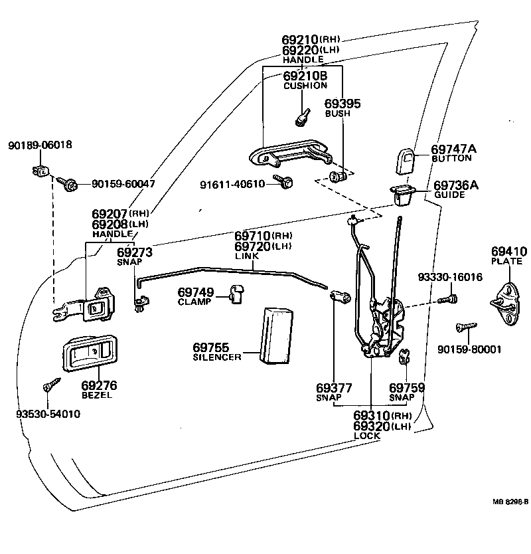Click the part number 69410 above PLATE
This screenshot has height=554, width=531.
[508, 252]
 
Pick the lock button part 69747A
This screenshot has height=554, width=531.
[406, 159]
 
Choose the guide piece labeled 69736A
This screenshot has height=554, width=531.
[403, 194]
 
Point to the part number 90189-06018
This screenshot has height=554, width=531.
[40, 145]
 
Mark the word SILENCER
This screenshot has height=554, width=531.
[217, 357]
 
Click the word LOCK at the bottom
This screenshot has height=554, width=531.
[367, 436]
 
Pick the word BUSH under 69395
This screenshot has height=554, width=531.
[337, 114]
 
